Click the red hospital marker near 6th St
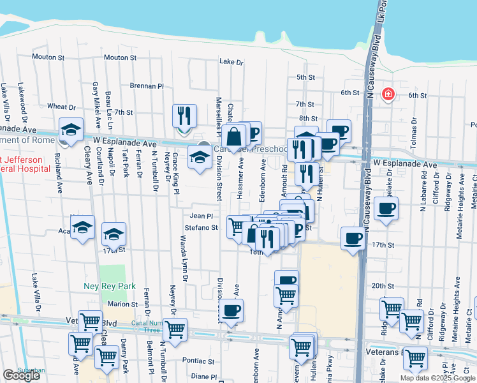[387, 95]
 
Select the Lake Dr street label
[231, 63]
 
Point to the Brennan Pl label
[147, 86]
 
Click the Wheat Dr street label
[61, 107]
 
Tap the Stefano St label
[202, 227]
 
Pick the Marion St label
[122, 304]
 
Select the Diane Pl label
[205, 377]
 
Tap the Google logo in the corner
[22, 375]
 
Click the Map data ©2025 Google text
[437, 378]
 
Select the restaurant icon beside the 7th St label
[184, 116]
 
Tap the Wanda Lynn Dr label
[184, 259]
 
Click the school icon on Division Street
[200, 157]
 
